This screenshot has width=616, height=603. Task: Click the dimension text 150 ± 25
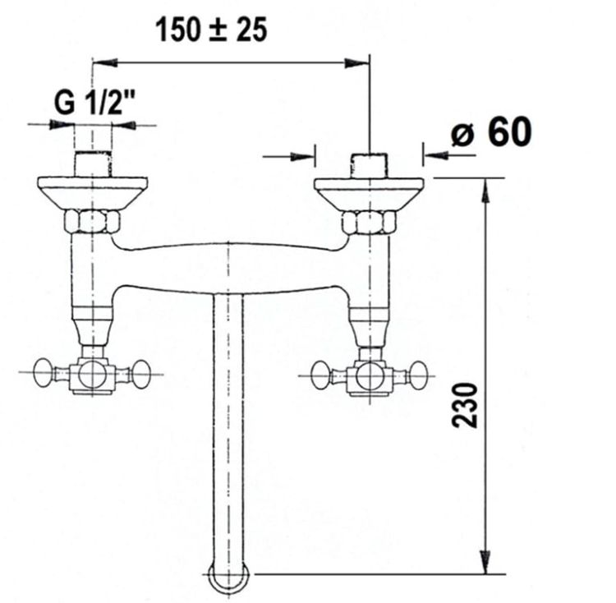212,30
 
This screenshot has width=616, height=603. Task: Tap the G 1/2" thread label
94,103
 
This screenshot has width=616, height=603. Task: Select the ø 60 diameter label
491,131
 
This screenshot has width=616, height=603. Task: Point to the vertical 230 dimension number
465,405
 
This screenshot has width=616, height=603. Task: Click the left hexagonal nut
92,222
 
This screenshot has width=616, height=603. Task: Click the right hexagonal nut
369,223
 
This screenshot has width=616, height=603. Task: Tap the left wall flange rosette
93,193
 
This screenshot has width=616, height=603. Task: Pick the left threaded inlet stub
93,163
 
